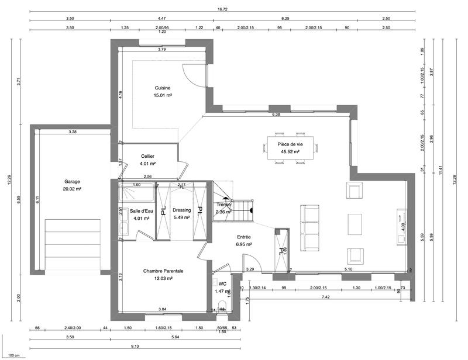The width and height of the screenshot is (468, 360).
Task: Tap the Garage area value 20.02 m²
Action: point(72,189)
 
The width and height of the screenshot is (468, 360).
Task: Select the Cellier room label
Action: point(147,156)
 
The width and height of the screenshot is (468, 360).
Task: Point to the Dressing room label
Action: point(182,210)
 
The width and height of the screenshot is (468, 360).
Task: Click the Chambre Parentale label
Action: point(164,271)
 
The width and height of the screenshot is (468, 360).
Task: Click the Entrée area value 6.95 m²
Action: point(244,244)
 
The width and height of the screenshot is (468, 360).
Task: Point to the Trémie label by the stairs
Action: point(224,205)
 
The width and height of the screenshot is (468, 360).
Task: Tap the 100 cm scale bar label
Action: point(13,355)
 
